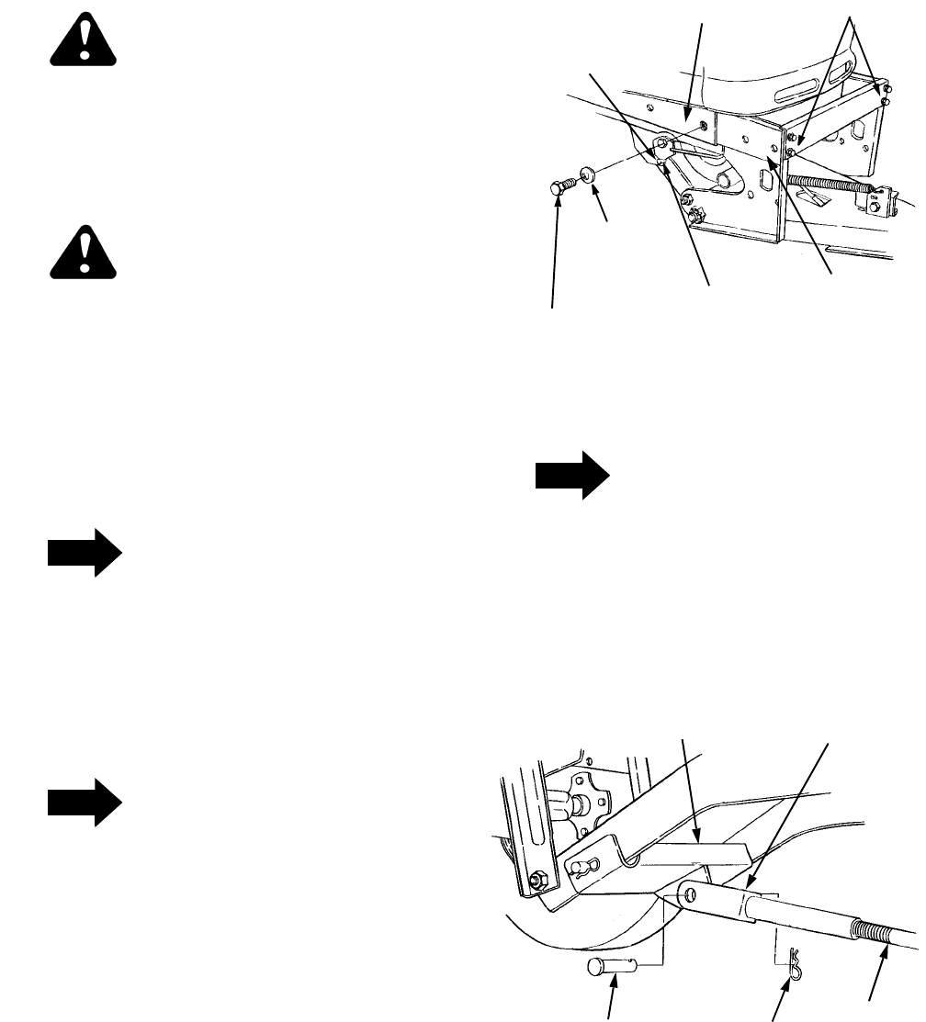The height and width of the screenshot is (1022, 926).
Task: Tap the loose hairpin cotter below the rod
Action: tap(790, 960)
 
